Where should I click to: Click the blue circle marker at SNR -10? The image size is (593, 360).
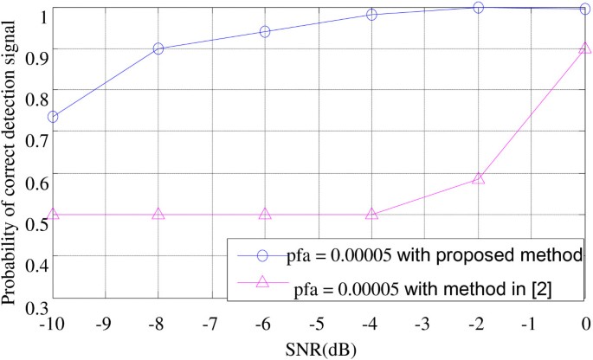(53, 116)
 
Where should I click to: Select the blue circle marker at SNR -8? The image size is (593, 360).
(158, 49)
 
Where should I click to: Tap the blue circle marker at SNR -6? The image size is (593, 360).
(265, 32)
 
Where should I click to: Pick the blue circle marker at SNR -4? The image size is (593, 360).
(371, 15)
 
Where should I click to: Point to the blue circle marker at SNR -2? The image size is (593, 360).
(478, 8)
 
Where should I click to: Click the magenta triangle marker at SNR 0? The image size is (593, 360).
(584, 48)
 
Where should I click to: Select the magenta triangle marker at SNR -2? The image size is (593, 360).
(478, 178)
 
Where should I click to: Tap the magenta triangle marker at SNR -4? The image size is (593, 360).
(371, 214)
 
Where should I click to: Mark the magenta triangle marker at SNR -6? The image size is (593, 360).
(265, 214)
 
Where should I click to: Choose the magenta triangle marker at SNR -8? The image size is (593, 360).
(158, 214)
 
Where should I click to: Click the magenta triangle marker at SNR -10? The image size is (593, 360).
(53, 214)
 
